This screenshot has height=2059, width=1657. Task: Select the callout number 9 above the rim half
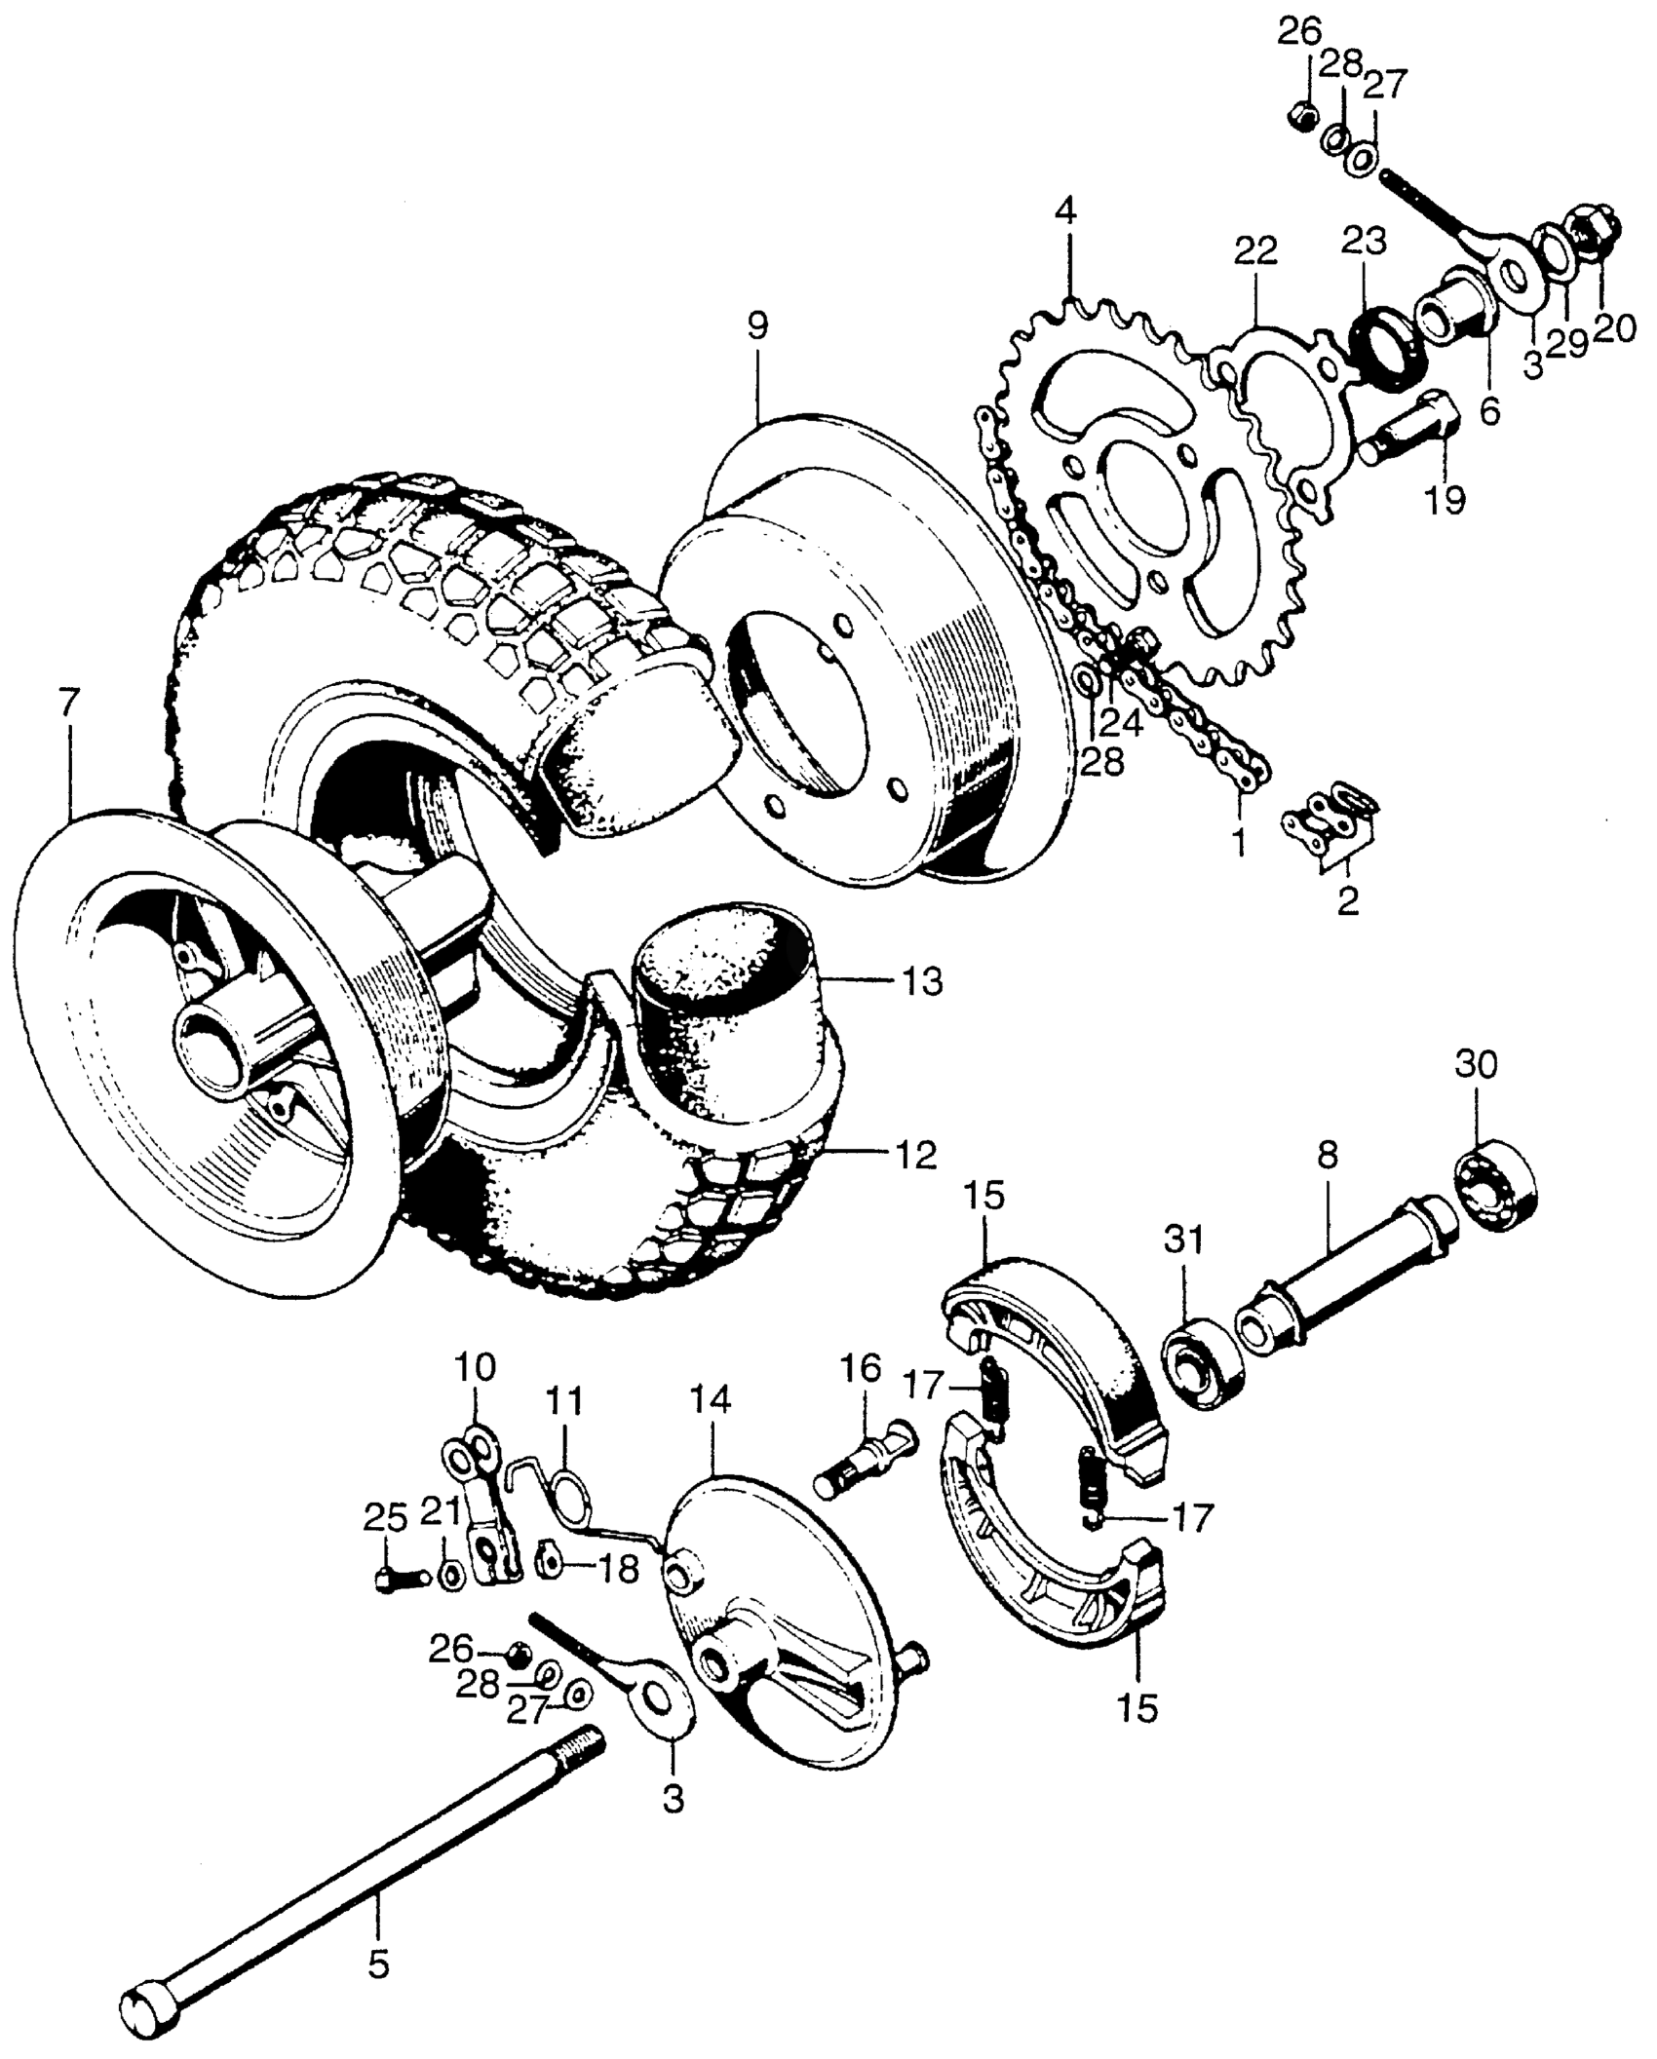click(757, 325)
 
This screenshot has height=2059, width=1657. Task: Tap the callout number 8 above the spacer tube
click(1327, 1157)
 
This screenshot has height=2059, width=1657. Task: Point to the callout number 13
click(922, 981)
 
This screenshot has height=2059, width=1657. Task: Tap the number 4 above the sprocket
click(1066, 211)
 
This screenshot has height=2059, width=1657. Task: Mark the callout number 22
click(1255, 252)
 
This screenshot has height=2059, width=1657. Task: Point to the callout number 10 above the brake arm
click(475, 1366)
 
